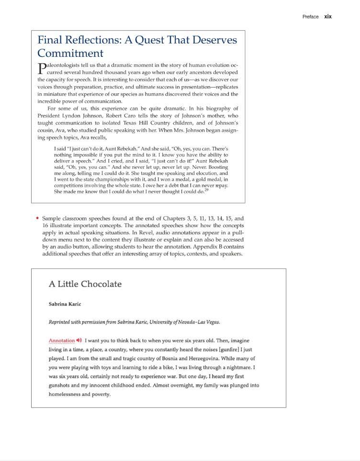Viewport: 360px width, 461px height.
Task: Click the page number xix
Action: [328, 16]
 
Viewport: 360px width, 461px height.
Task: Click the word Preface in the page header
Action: [310, 17]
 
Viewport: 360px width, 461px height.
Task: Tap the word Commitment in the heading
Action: [70, 53]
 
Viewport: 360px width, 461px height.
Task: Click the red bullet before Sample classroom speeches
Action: [37, 218]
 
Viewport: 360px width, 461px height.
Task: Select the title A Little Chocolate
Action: [85, 284]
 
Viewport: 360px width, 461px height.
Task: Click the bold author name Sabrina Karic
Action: [65, 304]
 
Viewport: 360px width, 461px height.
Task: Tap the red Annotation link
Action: [62, 340]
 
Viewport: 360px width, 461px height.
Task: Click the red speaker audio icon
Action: [79, 340]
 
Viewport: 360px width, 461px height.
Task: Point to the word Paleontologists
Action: [63, 66]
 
